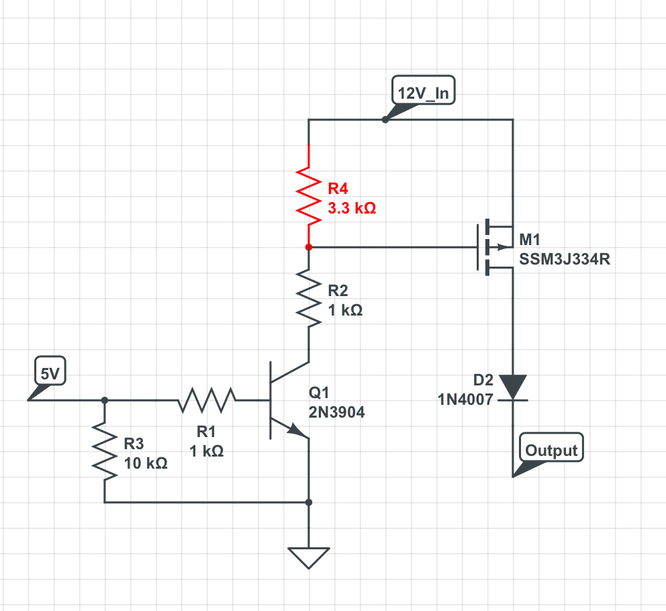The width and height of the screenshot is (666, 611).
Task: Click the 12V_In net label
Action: pyautogui.click(x=423, y=93)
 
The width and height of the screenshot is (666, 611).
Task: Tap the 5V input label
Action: pyautogui.click(x=50, y=375)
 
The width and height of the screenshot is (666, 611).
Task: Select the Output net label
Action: pyautogui.click(x=551, y=450)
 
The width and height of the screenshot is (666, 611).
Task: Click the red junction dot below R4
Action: pyautogui.click(x=309, y=247)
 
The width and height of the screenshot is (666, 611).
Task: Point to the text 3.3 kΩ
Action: pyautogui.click(x=352, y=208)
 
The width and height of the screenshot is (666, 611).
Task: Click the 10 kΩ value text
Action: pyautogui.click(x=146, y=463)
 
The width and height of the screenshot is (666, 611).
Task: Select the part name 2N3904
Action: pyautogui.click(x=337, y=413)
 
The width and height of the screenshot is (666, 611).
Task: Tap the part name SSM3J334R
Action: pyautogui.click(x=565, y=260)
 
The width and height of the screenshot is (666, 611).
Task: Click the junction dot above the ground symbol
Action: pyautogui.click(x=309, y=502)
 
